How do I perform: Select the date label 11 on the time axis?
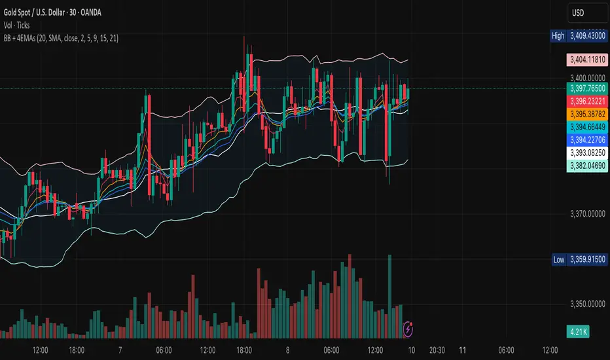(x=463, y=350)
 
